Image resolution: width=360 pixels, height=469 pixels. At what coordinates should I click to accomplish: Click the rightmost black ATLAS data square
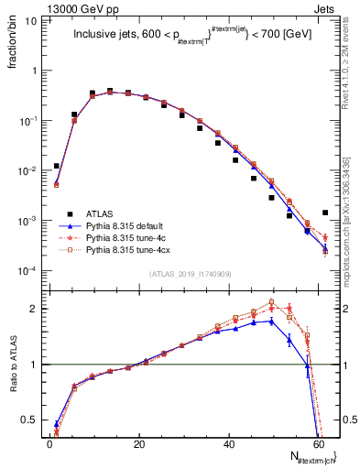(325, 213)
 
